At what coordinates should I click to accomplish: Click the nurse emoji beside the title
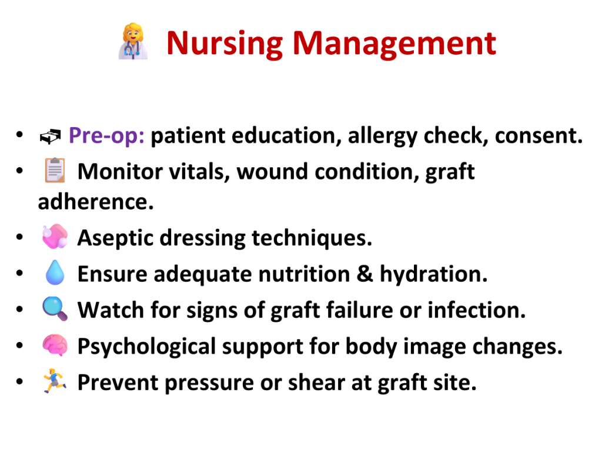[133, 42]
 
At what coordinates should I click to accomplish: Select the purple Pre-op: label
[106, 136]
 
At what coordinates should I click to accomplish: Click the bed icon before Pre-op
[51, 137]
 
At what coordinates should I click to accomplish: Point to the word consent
[539, 136]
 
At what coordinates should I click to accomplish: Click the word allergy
[382, 137]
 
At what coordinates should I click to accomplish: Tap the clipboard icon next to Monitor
[55, 170]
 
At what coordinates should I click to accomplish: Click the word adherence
[96, 202]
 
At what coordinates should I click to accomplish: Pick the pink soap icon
[55, 237]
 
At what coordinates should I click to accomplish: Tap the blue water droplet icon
[55, 272]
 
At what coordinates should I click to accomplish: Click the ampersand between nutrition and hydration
[364, 274]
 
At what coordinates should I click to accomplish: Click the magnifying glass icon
[55, 308]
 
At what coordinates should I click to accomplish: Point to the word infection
[476, 310]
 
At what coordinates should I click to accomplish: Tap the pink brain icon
[55, 345]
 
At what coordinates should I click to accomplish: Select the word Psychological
[146, 347]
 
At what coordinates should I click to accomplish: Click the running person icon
[55, 381]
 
